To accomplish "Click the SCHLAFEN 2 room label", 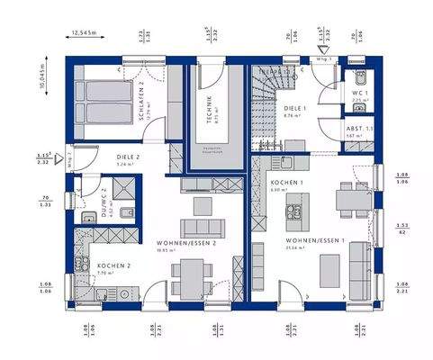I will [140, 92].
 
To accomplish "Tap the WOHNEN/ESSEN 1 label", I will [311, 242].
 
